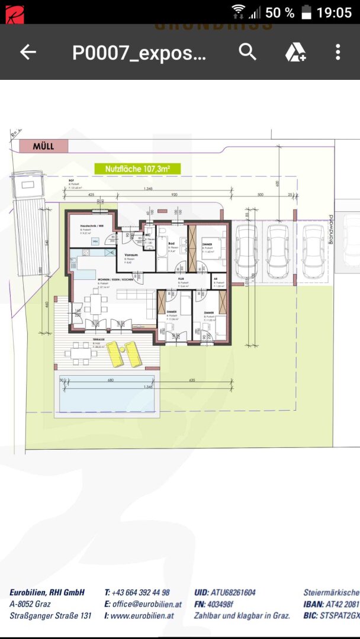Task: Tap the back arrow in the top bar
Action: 28,52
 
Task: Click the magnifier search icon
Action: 247,52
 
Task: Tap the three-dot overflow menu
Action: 338,52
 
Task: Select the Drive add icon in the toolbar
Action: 295,52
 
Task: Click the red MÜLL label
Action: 43,146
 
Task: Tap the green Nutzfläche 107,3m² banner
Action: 137,169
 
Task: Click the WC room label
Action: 148,234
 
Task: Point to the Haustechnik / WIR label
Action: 93,225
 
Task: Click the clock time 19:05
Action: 334,12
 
